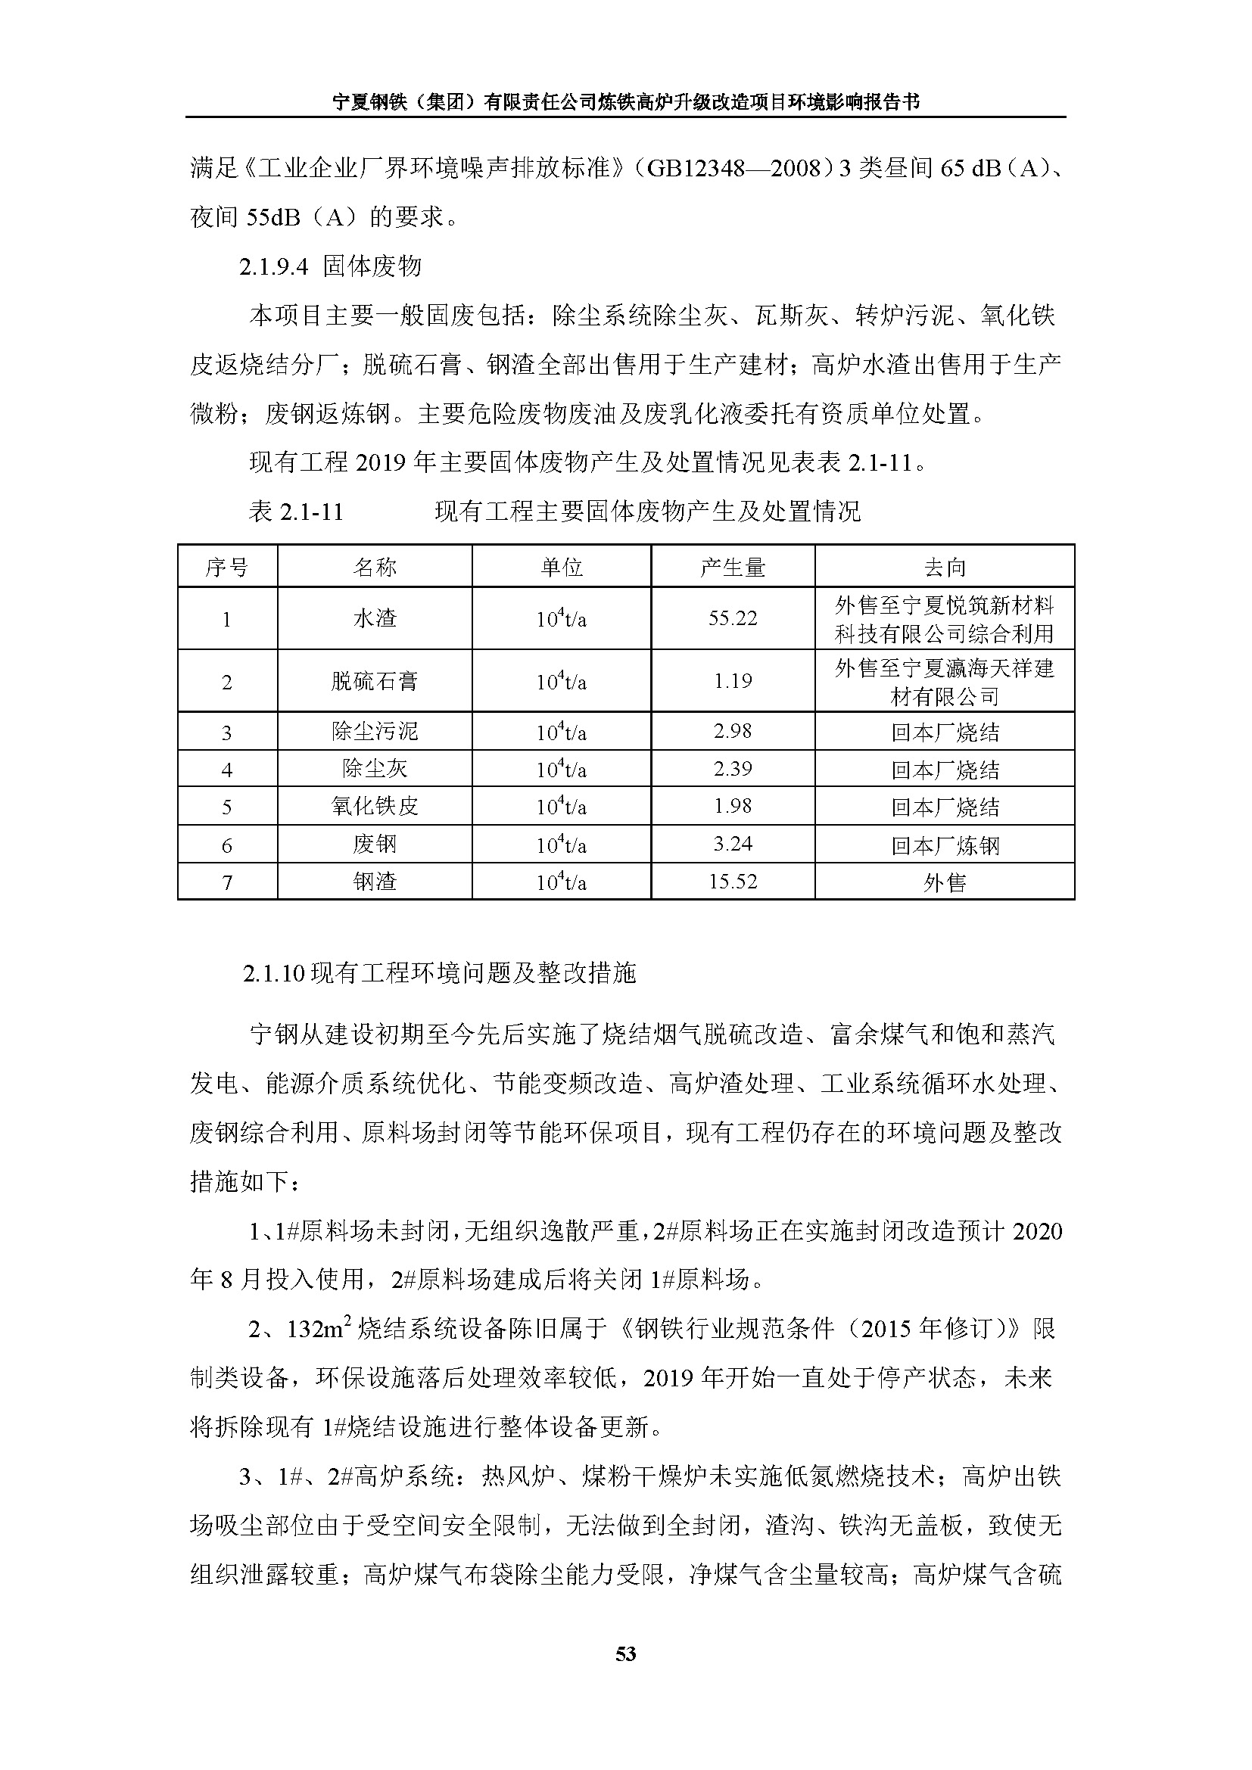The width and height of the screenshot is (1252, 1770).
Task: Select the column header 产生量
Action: click(x=733, y=568)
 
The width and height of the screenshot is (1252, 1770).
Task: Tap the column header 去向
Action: click(x=945, y=568)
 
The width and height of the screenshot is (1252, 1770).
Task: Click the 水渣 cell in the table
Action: click(x=375, y=618)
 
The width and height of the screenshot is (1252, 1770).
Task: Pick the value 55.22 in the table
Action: click(x=733, y=618)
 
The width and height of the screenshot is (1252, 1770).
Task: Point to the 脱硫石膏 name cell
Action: click(x=375, y=682)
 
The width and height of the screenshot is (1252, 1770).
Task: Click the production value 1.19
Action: click(x=733, y=682)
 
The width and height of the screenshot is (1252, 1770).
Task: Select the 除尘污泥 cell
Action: click(x=375, y=731)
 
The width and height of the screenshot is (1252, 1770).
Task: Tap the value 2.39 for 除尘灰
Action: click(x=733, y=769)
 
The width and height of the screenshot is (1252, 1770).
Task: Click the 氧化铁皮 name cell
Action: click(x=375, y=807)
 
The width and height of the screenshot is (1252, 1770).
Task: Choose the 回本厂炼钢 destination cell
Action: click(x=945, y=846)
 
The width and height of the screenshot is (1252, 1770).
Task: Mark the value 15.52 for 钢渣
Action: click(x=733, y=882)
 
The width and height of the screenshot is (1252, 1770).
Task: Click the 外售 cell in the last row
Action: click(x=945, y=882)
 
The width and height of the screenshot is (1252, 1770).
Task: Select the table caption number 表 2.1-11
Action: click(x=296, y=512)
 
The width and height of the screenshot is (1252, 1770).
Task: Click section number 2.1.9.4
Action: click(x=274, y=266)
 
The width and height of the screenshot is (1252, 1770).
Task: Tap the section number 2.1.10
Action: click(x=275, y=975)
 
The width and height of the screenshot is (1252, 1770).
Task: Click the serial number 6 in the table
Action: click(x=226, y=846)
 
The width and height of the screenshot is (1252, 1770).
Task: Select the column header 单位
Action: click(x=561, y=568)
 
